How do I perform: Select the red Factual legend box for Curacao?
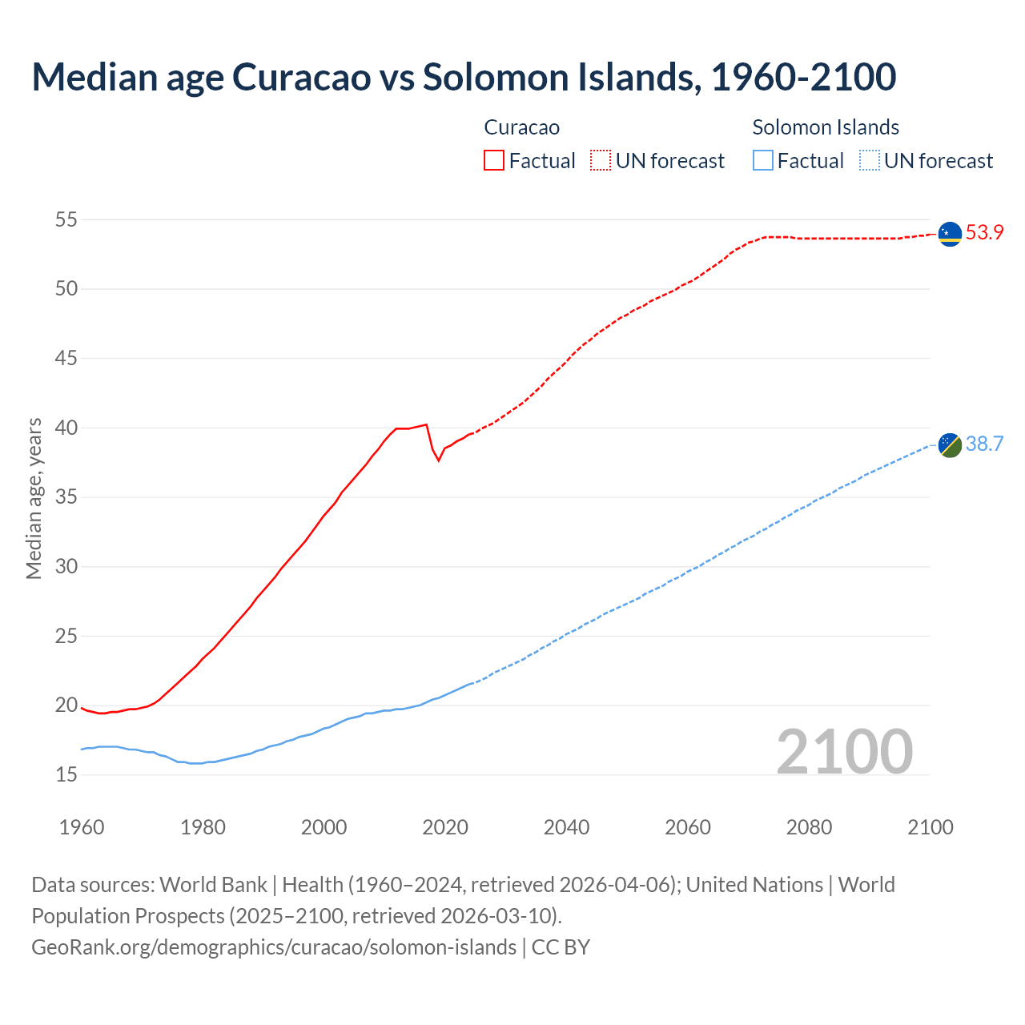click(x=494, y=161)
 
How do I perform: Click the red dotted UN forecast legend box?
click(x=601, y=161)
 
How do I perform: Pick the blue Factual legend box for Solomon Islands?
click(x=763, y=161)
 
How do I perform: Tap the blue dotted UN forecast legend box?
click(x=869, y=161)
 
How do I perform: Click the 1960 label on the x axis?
click(x=82, y=827)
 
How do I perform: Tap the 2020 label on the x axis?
click(x=445, y=827)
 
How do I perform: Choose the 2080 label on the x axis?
click(x=809, y=827)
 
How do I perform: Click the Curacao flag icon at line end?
click(x=950, y=234)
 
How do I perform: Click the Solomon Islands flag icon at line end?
click(x=950, y=444)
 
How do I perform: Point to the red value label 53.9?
click(x=984, y=233)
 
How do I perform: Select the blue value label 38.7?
click(x=984, y=444)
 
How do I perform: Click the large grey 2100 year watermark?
click(x=845, y=752)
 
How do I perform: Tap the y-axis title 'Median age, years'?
click(x=34, y=498)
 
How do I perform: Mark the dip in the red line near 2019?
click(x=438, y=460)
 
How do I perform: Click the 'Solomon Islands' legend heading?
click(x=826, y=127)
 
